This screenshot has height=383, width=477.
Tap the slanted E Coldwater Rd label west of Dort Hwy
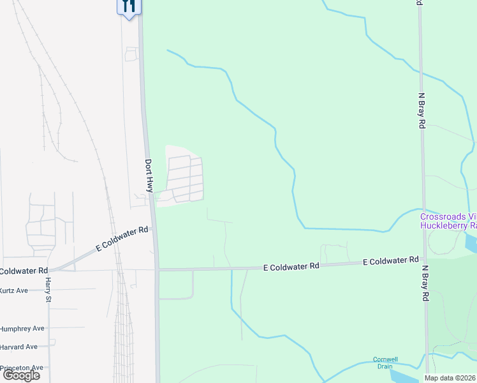[x=122, y=238]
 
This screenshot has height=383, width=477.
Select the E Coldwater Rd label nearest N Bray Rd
[x=391, y=261]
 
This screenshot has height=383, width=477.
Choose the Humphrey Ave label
[x=22, y=328]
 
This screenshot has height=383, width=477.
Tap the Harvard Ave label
[x=18, y=347]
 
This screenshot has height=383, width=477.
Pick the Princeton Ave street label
[x=21, y=368]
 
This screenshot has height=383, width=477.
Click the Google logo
[x=21, y=375]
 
